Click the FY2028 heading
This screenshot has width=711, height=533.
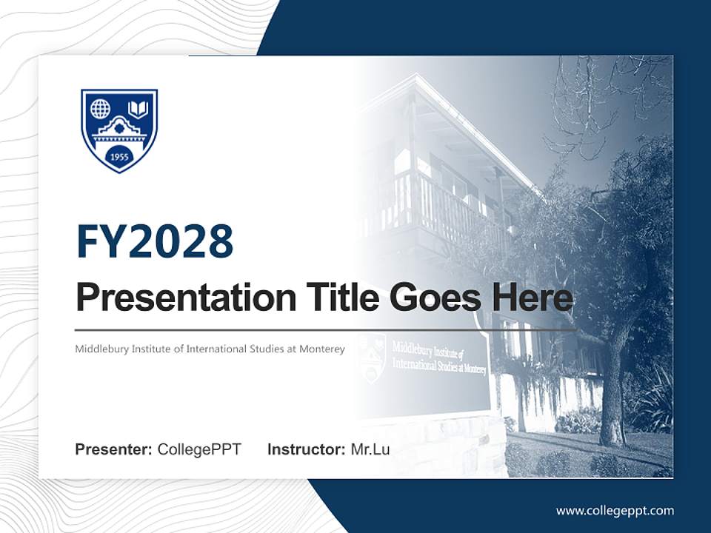coord(155,241)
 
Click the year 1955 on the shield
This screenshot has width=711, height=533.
coord(119,157)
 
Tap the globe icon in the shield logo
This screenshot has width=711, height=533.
coord(100,109)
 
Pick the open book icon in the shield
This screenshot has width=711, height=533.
coord(138,110)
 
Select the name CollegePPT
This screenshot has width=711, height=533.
coord(199,449)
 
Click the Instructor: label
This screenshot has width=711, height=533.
coord(306,449)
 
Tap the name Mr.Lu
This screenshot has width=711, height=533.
coord(370,449)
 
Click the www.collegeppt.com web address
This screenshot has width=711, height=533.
coord(615,510)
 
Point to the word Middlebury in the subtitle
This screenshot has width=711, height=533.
coord(102,349)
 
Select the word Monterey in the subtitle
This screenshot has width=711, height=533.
coord(322,349)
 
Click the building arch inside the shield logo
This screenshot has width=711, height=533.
coord(119,131)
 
